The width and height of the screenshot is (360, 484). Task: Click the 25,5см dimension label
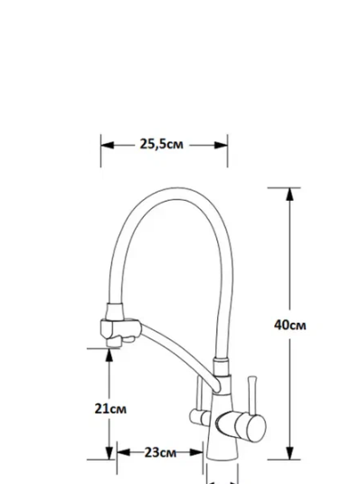162,144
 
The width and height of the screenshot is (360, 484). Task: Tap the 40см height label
290,325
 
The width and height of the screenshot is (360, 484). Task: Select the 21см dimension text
110,409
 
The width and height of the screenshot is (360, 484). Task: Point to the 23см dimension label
160,453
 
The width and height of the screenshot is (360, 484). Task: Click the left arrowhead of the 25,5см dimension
108,146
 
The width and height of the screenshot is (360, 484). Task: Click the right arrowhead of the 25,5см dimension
221,146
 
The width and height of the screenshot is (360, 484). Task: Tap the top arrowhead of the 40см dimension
289,195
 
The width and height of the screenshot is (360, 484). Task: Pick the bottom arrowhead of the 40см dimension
289,453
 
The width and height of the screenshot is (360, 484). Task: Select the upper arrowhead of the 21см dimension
109,355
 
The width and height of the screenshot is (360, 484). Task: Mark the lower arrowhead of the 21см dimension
109,453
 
